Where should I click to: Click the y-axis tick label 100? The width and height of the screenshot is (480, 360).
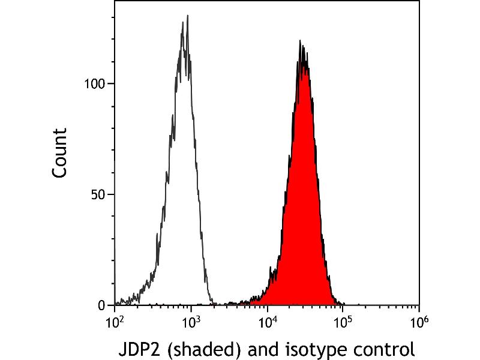pos(95,83)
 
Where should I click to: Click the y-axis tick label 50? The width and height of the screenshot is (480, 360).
pos(98,194)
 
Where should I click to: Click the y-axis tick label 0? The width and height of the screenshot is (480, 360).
pos(102,305)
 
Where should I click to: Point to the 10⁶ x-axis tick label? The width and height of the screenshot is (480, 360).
pos(419,323)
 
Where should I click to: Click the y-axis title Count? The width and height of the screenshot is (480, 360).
pos(59,153)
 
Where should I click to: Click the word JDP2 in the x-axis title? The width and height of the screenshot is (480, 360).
pos(139,349)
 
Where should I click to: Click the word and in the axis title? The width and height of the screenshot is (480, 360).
pos(263,349)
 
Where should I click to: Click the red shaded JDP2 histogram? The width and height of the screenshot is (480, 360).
pos(303,214)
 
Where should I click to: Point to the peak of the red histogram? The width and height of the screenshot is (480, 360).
pos(300,40)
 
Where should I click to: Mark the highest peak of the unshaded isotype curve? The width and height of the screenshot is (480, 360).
pos(187,16)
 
